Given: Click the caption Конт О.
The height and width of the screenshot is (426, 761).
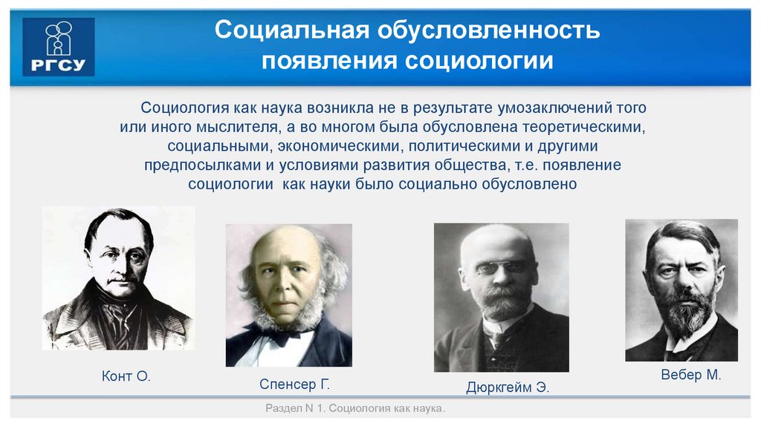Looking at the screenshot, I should point(126,377).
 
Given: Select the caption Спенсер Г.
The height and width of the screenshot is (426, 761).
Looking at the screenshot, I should point(294,384).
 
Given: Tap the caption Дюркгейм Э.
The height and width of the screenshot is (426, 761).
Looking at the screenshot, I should point(508,387).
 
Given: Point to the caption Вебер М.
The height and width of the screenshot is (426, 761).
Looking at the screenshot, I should point(690,375).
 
